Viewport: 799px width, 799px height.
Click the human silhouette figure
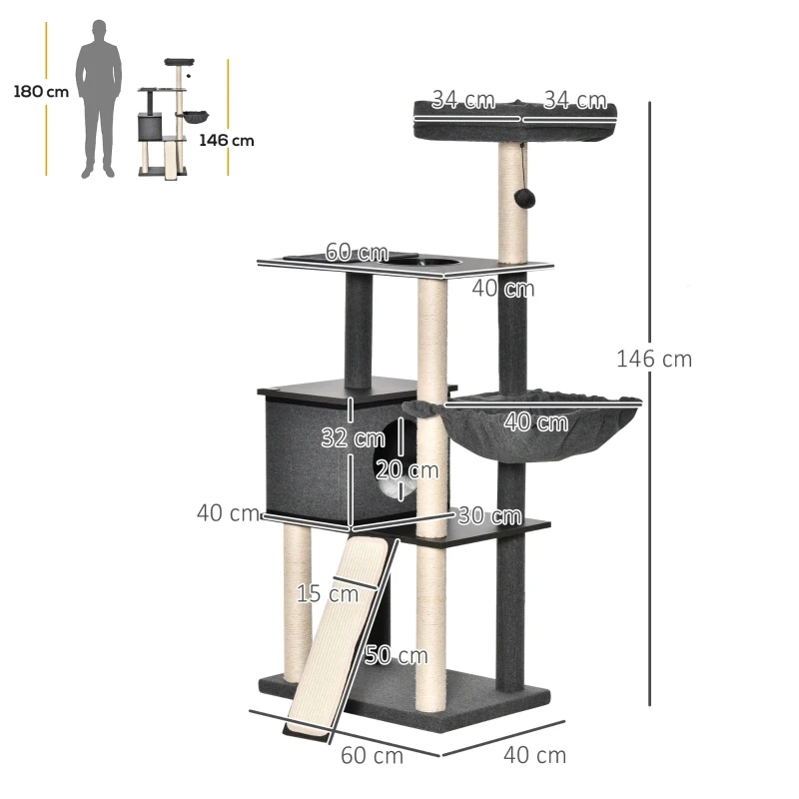pos(100,98)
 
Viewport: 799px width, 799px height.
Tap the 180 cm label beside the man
pos(41,92)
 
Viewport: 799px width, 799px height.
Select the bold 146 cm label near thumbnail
pos(226,141)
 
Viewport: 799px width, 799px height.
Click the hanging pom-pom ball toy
pos(522,198)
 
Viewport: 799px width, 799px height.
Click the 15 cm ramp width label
pos(328,593)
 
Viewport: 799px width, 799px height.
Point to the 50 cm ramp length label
pos(396,656)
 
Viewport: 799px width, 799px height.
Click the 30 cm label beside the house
pos(489,515)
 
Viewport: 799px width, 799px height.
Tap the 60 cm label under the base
pos(372,755)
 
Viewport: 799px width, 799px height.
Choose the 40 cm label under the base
pos(534,755)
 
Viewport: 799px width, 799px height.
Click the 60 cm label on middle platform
pos(356,253)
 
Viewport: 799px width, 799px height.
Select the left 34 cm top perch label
pos(462,100)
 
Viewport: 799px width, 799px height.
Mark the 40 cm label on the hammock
pos(535,422)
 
